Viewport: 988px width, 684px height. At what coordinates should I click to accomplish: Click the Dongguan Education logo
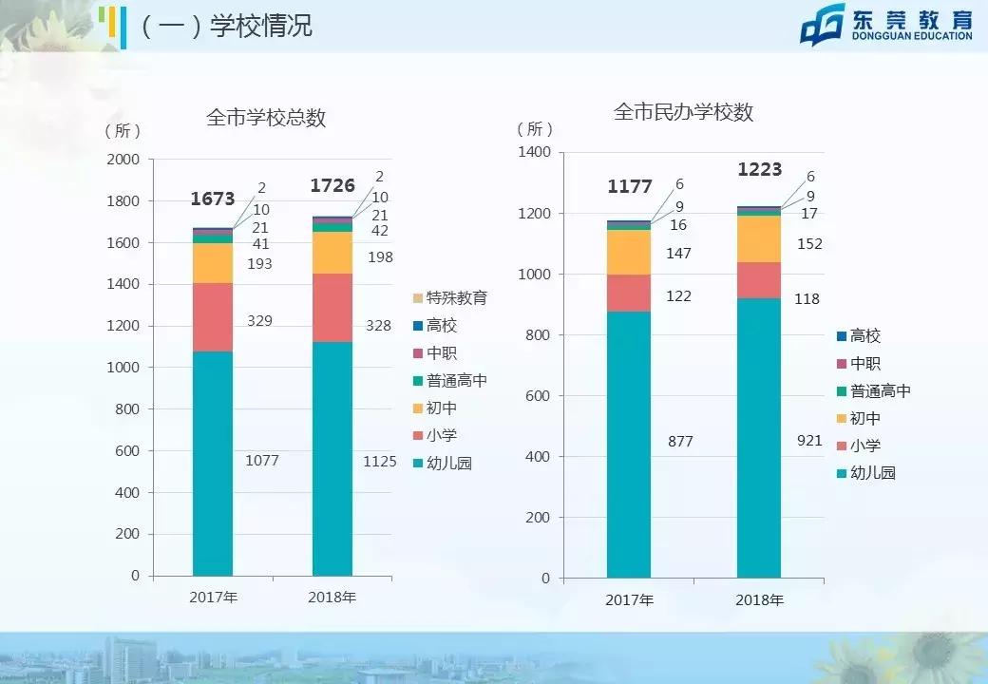(x=886, y=25)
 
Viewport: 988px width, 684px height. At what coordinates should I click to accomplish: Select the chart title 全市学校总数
(x=266, y=118)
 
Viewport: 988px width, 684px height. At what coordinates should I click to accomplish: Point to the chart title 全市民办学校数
(x=684, y=112)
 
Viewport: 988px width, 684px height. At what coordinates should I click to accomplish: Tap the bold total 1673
(x=213, y=199)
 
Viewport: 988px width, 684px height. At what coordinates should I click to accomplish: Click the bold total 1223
(x=760, y=169)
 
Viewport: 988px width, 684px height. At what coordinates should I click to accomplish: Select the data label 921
(x=809, y=441)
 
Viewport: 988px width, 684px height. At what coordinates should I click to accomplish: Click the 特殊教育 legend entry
(x=456, y=298)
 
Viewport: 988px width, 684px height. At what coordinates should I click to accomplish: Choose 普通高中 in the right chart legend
(x=880, y=390)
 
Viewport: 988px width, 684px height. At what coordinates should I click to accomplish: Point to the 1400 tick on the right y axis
(x=534, y=152)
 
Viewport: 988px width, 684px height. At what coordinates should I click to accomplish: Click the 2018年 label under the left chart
(x=332, y=598)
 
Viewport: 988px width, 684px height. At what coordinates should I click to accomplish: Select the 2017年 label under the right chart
(x=630, y=600)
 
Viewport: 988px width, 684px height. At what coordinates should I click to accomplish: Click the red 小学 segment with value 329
(x=213, y=317)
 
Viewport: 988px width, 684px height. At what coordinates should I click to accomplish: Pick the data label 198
(x=380, y=257)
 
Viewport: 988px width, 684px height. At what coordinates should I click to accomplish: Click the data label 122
(x=678, y=296)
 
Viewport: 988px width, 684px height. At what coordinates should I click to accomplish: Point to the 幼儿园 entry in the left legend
(x=448, y=464)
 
